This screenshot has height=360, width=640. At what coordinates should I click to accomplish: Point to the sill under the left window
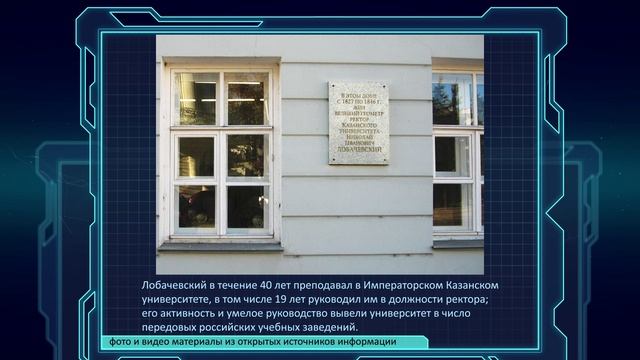[x=221, y=245]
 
